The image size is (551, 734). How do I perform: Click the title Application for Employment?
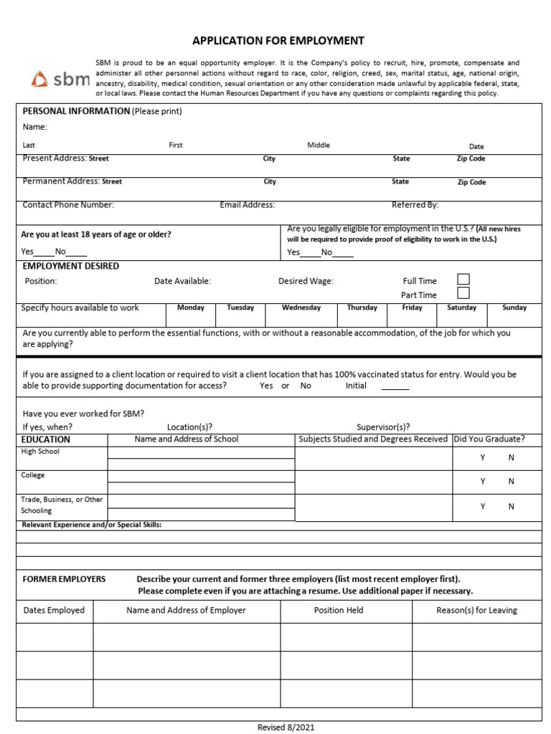coord(278,41)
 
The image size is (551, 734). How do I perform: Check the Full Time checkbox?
coord(463,280)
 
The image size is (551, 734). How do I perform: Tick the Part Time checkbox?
coord(463,293)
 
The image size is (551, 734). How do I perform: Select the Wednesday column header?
coord(301,308)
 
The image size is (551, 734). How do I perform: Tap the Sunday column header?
coord(514,308)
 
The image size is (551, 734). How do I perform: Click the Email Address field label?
coord(248,205)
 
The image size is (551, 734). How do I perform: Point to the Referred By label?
coord(415,205)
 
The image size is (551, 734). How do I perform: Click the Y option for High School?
coord(483,457)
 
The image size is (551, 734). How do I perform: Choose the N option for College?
coord(512,482)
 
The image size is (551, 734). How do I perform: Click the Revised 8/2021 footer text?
coord(286,728)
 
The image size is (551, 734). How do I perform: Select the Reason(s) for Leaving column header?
coord(476,611)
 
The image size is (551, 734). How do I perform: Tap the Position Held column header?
coord(339,611)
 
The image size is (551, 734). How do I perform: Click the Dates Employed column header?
coord(54,611)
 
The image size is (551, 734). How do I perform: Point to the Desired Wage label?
coord(306,282)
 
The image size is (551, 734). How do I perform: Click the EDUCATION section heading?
coord(46,439)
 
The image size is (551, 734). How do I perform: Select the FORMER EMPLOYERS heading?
coord(64,579)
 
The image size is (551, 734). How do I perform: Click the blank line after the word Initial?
coord(395,387)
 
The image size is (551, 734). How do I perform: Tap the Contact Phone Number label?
coord(68,205)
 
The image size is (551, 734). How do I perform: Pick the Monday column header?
coord(191,308)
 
